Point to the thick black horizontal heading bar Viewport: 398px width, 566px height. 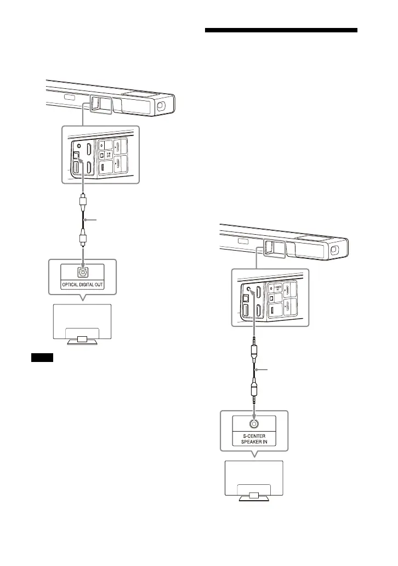281,31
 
